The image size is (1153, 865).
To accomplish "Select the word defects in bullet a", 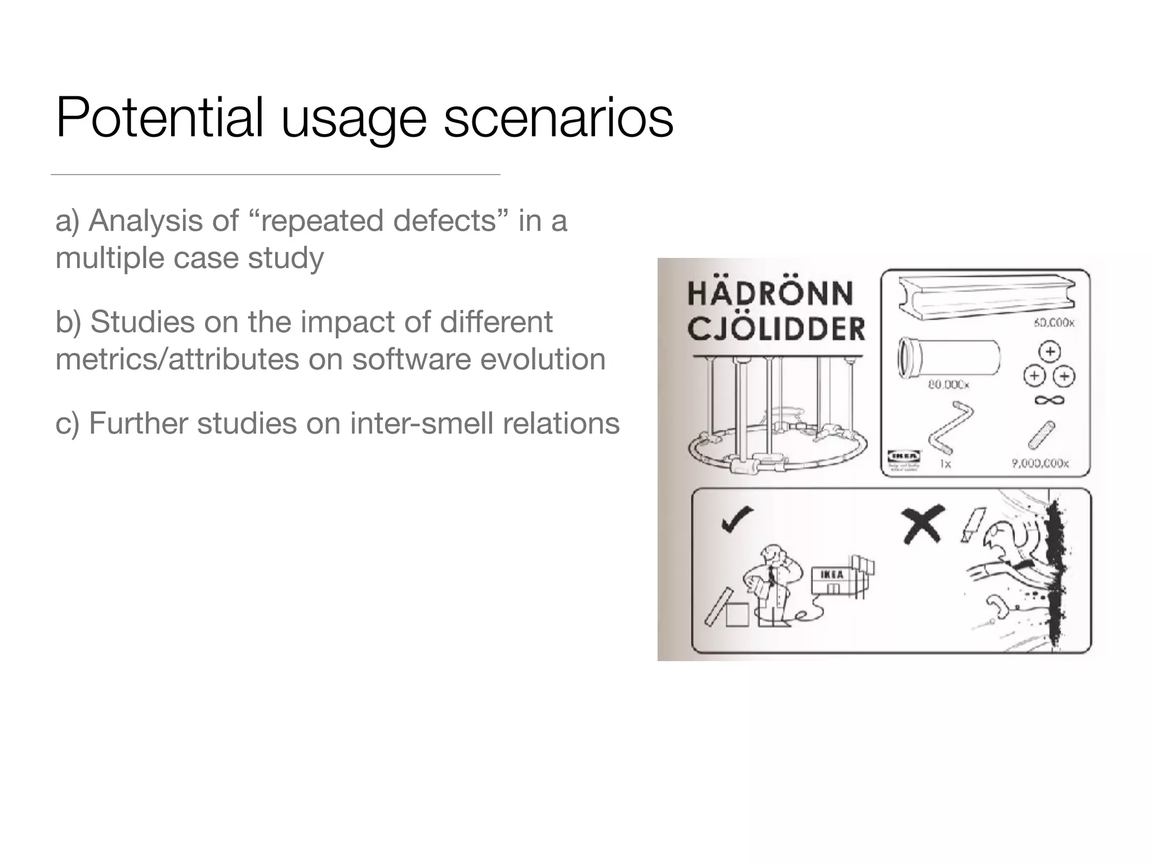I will coord(445,221).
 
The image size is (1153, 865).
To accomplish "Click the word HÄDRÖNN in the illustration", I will coord(770,293).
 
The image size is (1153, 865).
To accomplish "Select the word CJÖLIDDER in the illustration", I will coord(776,329).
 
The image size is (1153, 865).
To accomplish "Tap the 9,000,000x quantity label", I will coord(1040,463).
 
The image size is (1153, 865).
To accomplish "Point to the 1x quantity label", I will coord(945,464).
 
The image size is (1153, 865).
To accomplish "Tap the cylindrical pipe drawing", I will coord(949,356).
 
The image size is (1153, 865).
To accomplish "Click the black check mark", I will coord(737,519).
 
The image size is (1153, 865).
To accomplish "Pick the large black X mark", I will coord(922,524).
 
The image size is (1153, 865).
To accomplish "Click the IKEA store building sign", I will coord(831,574).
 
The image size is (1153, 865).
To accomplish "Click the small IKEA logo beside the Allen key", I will coord(904,456).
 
